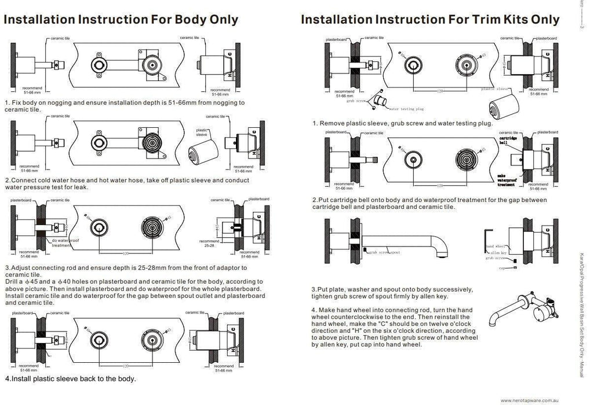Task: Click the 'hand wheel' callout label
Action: coord(494,246)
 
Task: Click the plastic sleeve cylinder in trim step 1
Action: coord(501,108)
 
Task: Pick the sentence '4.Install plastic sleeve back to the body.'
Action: coord(71,380)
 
